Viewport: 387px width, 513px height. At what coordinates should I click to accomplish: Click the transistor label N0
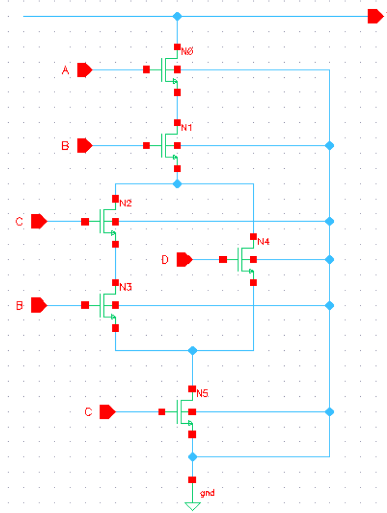pos(187,51)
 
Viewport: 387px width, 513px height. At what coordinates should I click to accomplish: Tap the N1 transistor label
pos(187,128)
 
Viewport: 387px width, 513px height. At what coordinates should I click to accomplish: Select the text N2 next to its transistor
pos(126,204)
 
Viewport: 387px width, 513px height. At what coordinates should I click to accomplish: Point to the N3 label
pos(126,287)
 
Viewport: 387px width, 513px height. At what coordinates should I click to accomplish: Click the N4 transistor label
pos(264,241)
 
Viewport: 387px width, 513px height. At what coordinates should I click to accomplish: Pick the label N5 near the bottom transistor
pos(202,393)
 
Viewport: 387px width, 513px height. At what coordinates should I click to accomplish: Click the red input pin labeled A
pos(84,70)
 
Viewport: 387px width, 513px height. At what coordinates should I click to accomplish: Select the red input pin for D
pos(185,260)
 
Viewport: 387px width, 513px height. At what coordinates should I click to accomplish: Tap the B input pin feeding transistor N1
pos(84,145)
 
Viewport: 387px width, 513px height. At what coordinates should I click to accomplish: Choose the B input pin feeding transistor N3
pos(38,305)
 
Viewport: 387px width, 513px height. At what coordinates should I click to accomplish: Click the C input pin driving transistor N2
pos(38,222)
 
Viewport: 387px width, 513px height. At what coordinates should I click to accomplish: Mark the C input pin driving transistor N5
pos(108,412)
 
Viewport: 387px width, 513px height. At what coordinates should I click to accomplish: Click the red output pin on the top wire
pos(375,16)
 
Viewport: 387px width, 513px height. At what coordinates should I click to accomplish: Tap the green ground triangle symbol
pos(192,506)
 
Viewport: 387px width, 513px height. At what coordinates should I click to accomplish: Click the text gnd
pos(207,494)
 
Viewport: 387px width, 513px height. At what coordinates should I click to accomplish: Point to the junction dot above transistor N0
pos(177,16)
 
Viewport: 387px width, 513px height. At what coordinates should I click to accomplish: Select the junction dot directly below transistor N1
pos(177,184)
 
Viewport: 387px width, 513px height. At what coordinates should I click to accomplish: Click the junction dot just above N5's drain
pos(192,351)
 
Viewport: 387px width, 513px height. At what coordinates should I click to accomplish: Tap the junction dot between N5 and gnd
pos(192,457)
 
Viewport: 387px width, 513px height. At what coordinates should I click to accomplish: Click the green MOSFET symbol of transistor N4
pos(245,260)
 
